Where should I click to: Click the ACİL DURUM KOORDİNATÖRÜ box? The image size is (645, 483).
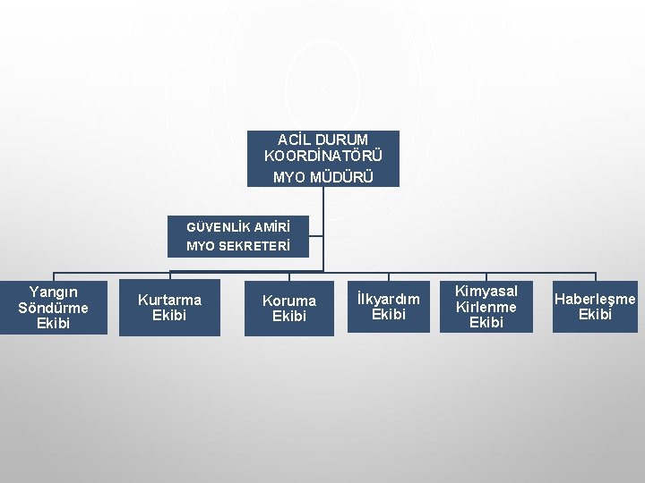[322, 158]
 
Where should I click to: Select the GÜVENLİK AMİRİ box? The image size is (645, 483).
[237, 236]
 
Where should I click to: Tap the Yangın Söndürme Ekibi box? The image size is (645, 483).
[54, 308]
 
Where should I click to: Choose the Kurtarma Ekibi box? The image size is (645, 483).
[169, 308]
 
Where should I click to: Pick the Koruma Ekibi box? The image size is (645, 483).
[288, 309]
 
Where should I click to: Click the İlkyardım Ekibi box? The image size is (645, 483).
[388, 306]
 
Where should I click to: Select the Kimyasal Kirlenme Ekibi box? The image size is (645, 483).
[486, 306]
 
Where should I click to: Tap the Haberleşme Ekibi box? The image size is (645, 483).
[595, 307]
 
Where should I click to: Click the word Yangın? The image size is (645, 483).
[54, 292]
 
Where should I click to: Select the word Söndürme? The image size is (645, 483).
[54, 308]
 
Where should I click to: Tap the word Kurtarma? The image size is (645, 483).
[169, 300]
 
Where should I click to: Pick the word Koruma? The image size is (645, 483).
[288, 301]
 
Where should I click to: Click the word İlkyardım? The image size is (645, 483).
[388, 298]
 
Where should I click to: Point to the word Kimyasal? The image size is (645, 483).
[486, 291]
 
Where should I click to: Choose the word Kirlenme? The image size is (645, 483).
[486, 307]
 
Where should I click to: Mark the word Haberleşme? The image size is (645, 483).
[595, 299]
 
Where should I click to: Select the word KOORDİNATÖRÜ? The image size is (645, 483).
[322, 156]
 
